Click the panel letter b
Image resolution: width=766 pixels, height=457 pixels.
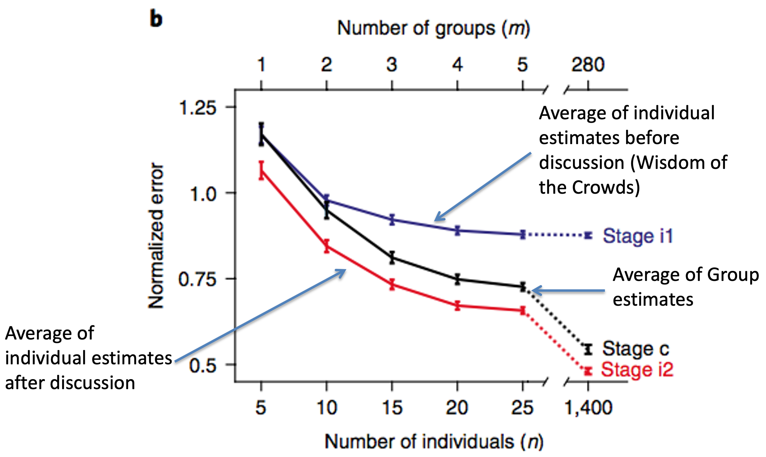click(156, 19)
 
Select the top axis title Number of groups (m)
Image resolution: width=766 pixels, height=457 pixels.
click(433, 28)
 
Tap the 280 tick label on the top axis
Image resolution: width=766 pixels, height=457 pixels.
click(588, 64)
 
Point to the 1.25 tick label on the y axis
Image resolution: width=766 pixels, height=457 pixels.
click(197, 108)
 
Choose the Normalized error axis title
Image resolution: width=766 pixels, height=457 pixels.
click(156, 235)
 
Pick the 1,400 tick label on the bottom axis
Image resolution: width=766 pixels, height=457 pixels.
click(588, 408)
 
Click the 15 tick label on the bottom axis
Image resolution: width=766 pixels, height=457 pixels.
click(392, 408)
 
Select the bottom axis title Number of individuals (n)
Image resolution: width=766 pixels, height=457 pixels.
click(434, 441)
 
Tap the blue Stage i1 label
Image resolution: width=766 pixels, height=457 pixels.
click(638, 236)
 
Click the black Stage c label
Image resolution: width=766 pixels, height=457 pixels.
click(635, 349)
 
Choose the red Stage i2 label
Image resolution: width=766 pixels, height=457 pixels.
click(637, 370)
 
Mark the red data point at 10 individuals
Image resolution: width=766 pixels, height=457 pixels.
click(326, 246)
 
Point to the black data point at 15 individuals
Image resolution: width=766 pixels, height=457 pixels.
click(392, 257)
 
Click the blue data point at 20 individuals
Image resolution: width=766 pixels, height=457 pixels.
click(457, 231)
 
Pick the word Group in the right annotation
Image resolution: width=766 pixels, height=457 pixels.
click(733, 275)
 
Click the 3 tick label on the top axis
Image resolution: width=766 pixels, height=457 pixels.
click(392, 64)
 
